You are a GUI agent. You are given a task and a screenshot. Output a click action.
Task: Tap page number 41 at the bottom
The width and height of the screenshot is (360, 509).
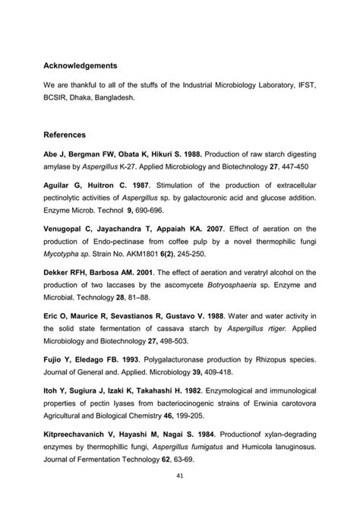tap(179, 476)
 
